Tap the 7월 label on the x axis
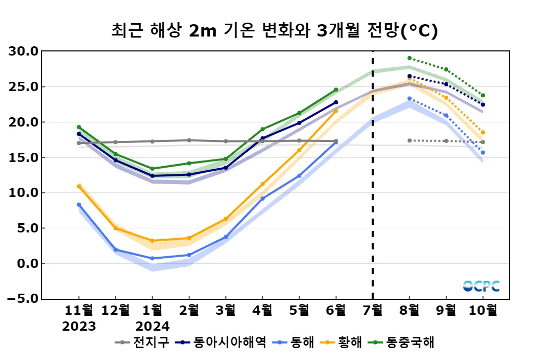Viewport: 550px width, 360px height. (x=373, y=310)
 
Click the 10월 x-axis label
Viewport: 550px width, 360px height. (x=483, y=310)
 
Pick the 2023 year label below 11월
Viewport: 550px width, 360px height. (x=79, y=327)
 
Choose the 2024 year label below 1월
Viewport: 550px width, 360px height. (x=152, y=327)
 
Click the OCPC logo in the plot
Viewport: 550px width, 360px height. (x=481, y=286)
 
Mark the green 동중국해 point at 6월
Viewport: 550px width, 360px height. (x=336, y=90)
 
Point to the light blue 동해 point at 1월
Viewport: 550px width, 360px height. (x=152, y=258)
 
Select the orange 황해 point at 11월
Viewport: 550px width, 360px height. (x=79, y=186)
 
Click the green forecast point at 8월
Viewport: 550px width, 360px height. (x=409, y=58)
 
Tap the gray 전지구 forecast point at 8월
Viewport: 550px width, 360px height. (x=409, y=140)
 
